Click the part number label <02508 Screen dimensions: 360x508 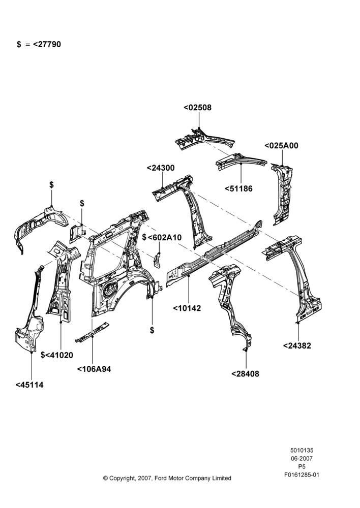tap(197, 107)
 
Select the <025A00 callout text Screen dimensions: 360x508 tap(281, 145)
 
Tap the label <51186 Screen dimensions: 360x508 tap(238, 188)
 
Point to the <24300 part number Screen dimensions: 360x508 tap(161, 168)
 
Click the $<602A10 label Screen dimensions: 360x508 tap(162, 237)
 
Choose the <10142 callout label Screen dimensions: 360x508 tap(187, 308)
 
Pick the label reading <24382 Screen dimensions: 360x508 tap(297, 345)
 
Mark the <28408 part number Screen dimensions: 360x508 tap(245, 374)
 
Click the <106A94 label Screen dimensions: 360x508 tap(94, 369)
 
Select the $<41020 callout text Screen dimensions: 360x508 tap(57, 355)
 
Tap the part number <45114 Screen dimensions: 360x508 tap(29, 385)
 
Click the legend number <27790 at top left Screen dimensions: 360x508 tap(47, 44)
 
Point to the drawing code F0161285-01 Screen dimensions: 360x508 tap(302, 475)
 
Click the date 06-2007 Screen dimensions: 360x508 tap(302, 458)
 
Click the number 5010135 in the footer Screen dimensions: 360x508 tap(302, 450)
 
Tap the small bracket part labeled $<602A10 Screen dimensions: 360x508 tap(157, 260)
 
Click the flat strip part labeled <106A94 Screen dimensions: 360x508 tap(93, 332)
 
